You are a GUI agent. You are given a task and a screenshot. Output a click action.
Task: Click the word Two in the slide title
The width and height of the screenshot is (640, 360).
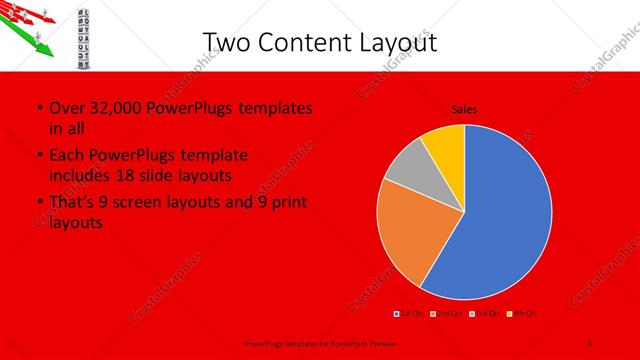226,41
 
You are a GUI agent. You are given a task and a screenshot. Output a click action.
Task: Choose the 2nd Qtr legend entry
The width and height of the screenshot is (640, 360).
446,314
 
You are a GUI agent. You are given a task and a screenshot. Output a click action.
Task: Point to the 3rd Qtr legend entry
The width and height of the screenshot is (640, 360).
482,314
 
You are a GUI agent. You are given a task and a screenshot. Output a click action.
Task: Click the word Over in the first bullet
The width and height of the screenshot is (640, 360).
64,108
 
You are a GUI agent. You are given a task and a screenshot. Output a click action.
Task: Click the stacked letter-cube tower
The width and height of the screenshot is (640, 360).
84,36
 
